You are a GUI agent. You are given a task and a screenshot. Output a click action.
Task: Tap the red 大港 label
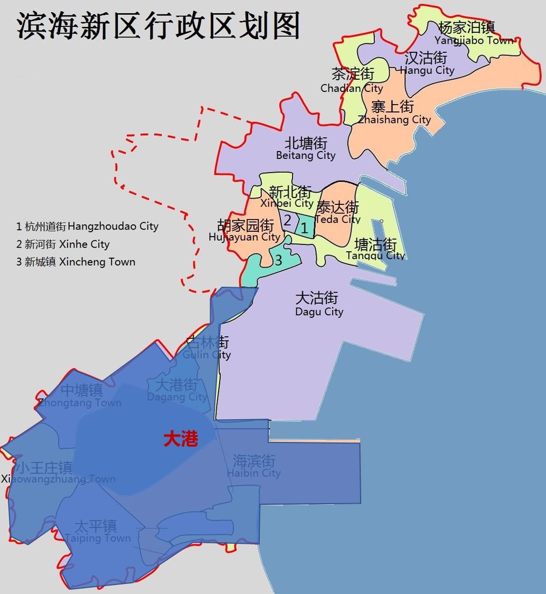(181, 439)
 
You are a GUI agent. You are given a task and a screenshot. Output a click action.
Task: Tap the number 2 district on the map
(287, 220)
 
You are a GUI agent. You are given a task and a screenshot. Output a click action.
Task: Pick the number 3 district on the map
(278, 260)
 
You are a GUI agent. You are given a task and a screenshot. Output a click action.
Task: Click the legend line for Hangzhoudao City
(87, 227)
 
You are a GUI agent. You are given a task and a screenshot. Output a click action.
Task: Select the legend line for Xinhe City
(63, 244)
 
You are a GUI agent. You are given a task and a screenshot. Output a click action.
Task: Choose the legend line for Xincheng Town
(76, 262)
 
